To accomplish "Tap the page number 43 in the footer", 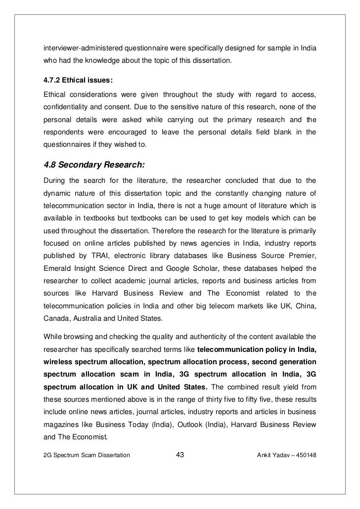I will (180, 455).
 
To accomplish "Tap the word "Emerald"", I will (58, 268).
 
